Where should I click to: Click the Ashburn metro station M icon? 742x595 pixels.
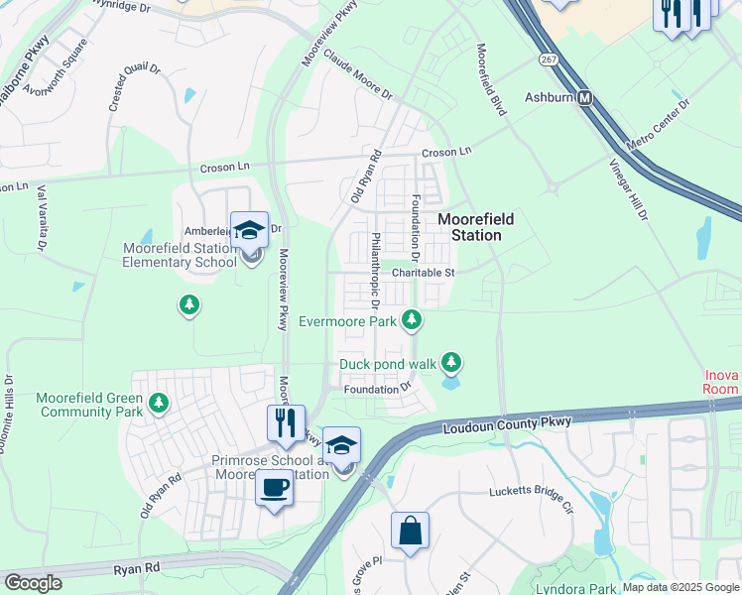(x=585, y=98)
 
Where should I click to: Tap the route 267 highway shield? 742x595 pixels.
(x=549, y=60)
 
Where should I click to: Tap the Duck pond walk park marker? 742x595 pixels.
(x=452, y=363)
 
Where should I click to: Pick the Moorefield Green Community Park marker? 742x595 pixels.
(x=159, y=404)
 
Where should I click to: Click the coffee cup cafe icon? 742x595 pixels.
(x=273, y=488)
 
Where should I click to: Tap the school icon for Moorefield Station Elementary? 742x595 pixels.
(x=249, y=230)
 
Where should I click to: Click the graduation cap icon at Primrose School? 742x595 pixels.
(x=341, y=445)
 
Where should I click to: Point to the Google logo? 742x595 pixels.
(x=34, y=582)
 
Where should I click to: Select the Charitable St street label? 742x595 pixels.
(x=422, y=272)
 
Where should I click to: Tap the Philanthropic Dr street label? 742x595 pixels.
(x=376, y=264)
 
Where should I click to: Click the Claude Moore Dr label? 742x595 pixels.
(x=357, y=76)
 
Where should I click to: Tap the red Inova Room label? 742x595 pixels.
(x=721, y=382)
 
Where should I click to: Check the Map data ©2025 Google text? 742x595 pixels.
(x=680, y=587)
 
